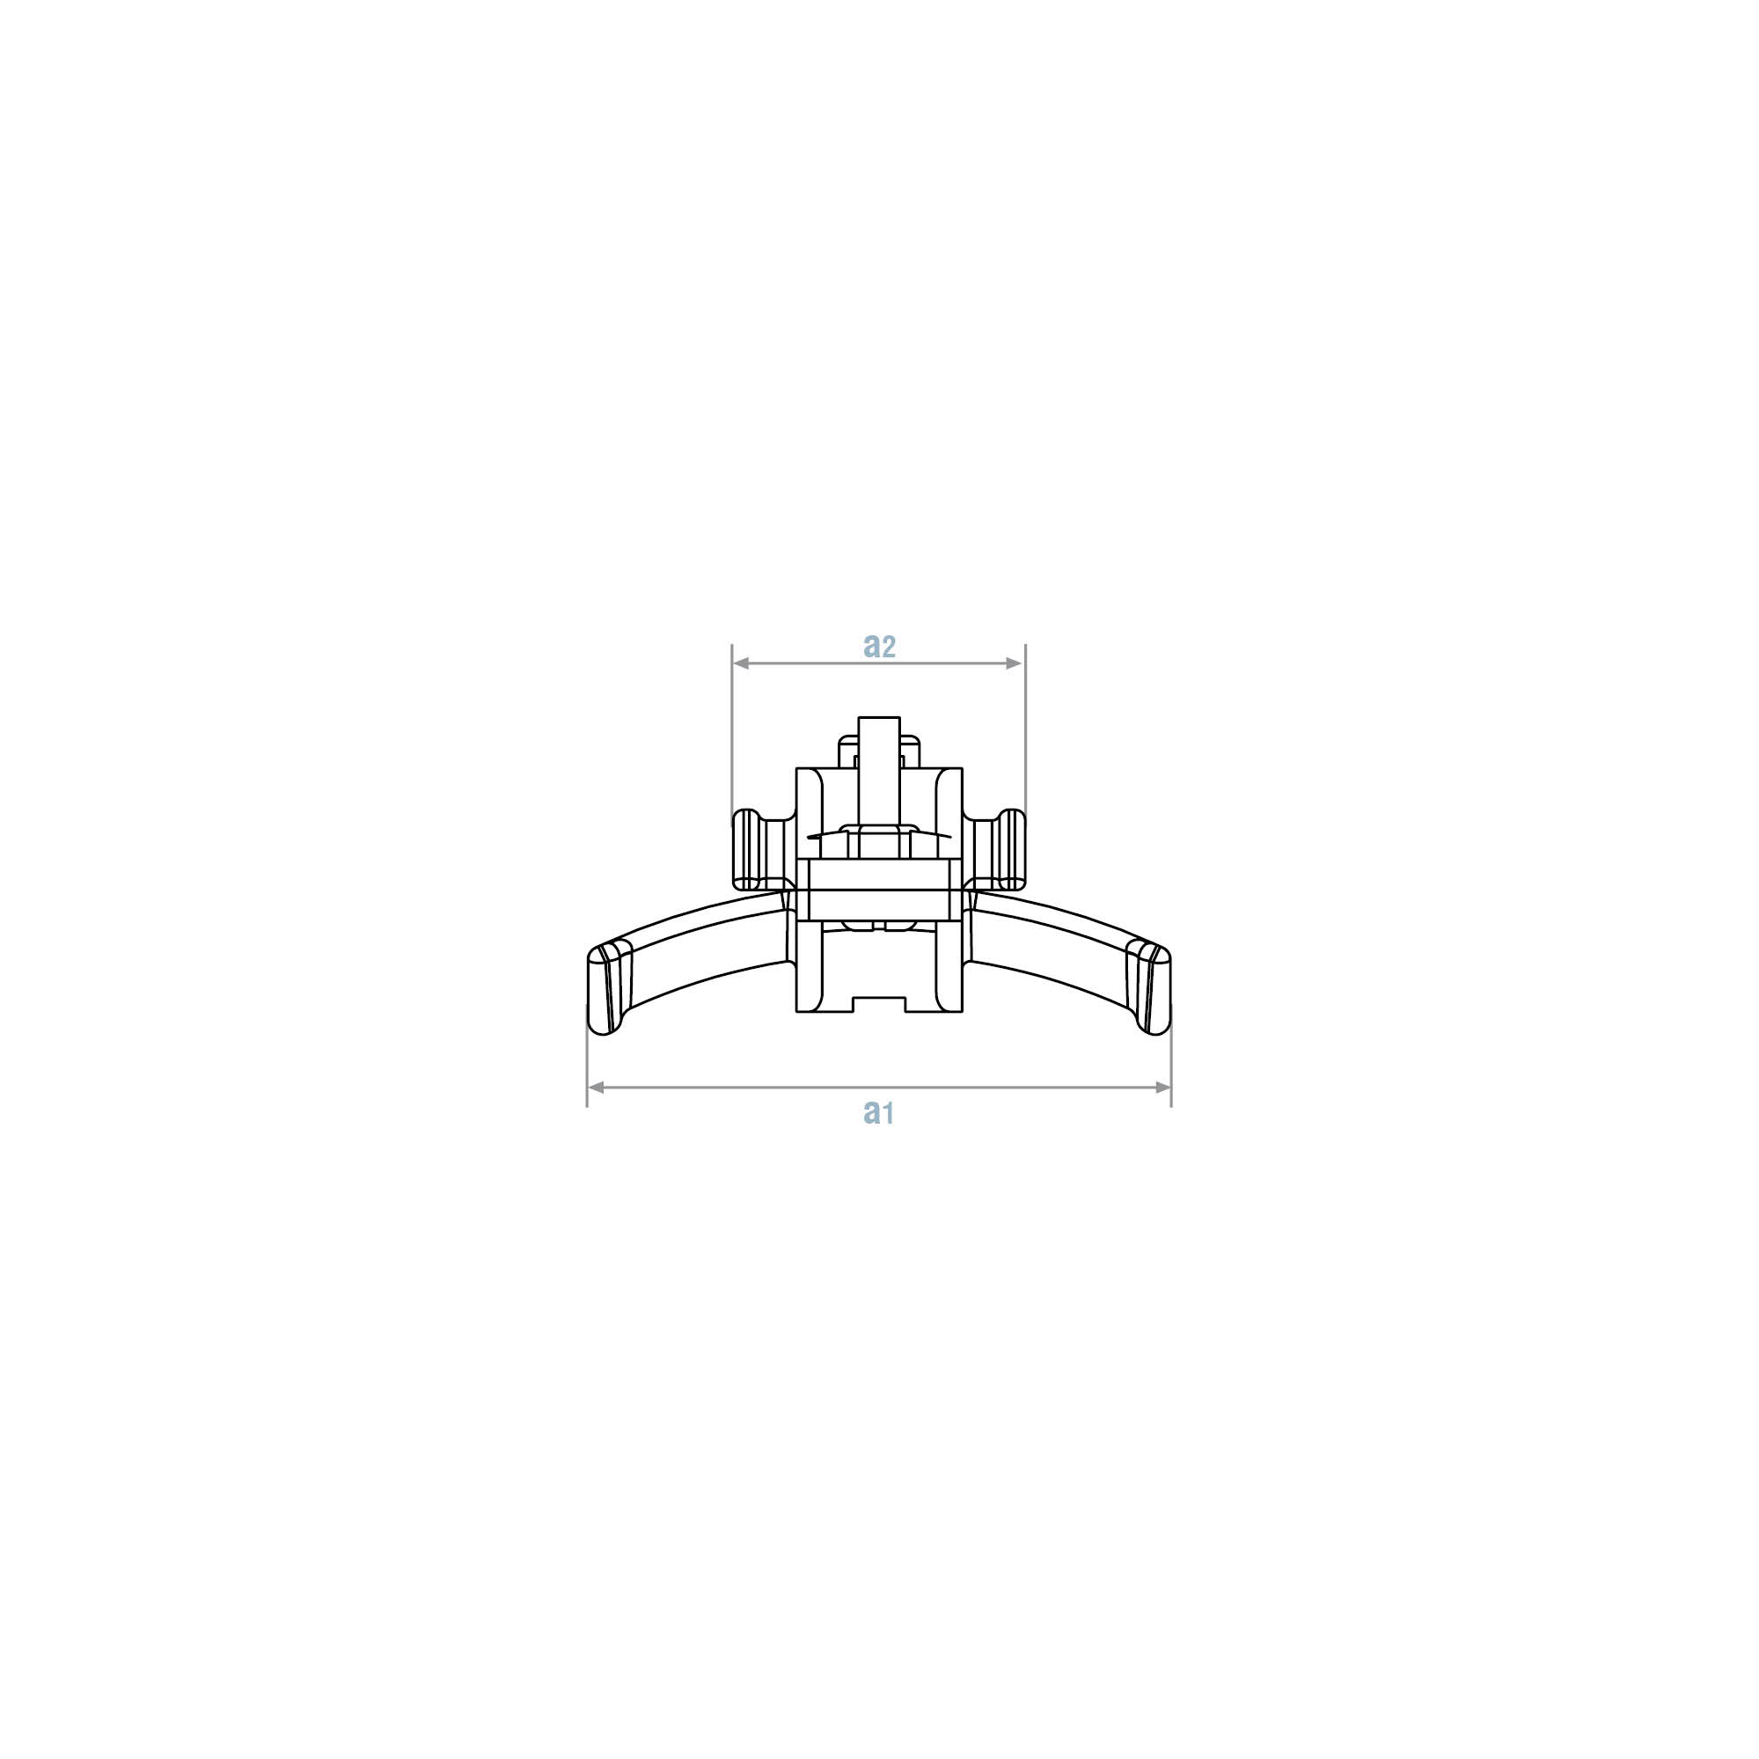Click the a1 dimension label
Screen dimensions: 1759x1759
coord(878,1111)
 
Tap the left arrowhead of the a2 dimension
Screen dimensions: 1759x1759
coord(741,663)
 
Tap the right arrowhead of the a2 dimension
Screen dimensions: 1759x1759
coord(1016,663)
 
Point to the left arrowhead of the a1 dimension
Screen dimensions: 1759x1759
coord(597,1087)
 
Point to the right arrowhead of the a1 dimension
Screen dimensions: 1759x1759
coord(1162,1087)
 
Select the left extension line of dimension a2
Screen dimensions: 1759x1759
coord(733,727)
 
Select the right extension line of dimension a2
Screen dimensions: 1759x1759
coord(1025,727)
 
